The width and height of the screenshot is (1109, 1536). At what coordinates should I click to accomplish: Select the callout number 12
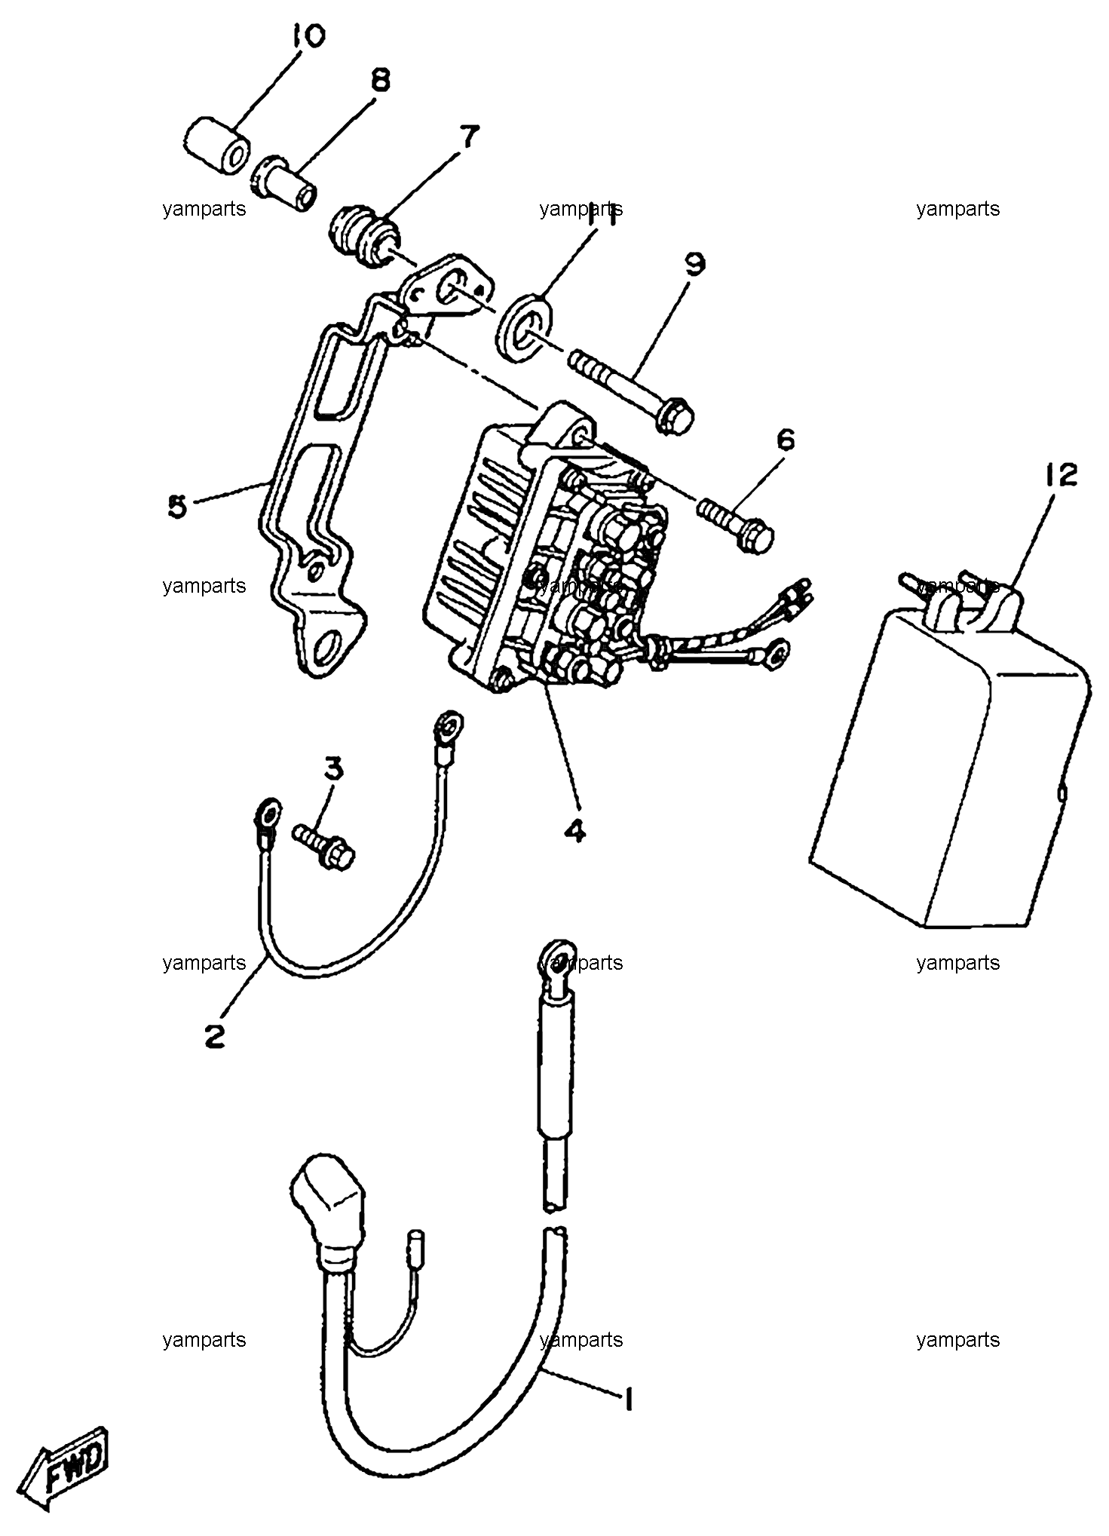click(x=1061, y=476)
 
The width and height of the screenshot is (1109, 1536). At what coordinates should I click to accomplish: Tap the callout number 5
click(x=177, y=507)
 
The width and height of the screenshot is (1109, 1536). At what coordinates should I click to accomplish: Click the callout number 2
click(x=215, y=1037)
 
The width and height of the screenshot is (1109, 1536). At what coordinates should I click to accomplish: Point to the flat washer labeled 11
click(x=525, y=324)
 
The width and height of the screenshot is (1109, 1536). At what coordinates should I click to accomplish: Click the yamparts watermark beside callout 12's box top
click(x=957, y=585)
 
